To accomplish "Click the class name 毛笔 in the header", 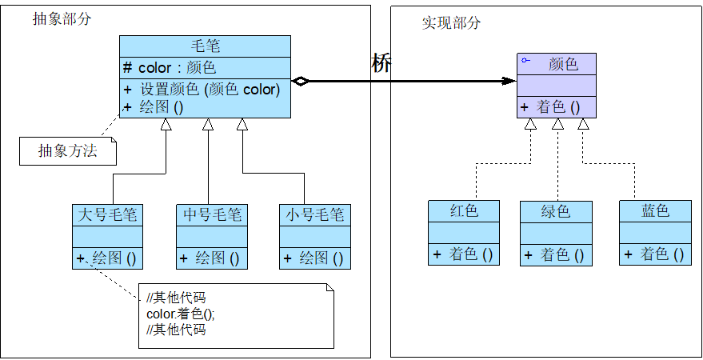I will (x=205, y=46).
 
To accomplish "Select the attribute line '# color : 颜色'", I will (x=170, y=68).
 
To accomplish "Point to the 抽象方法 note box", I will (x=68, y=150).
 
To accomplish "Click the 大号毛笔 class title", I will (x=107, y=214).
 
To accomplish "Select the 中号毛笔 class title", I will (x=211, y=214).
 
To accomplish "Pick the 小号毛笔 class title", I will (x=315, y=214).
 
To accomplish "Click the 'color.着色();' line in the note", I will (x=181, y=314).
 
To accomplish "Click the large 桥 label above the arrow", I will (x=381, y=64).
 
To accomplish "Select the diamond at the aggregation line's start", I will (x=300, y=81).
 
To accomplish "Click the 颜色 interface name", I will (x=563, y=64).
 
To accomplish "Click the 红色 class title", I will (x=464, y=211).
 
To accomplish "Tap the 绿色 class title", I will (x=556, y=211).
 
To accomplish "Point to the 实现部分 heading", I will (x=451, y=22).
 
